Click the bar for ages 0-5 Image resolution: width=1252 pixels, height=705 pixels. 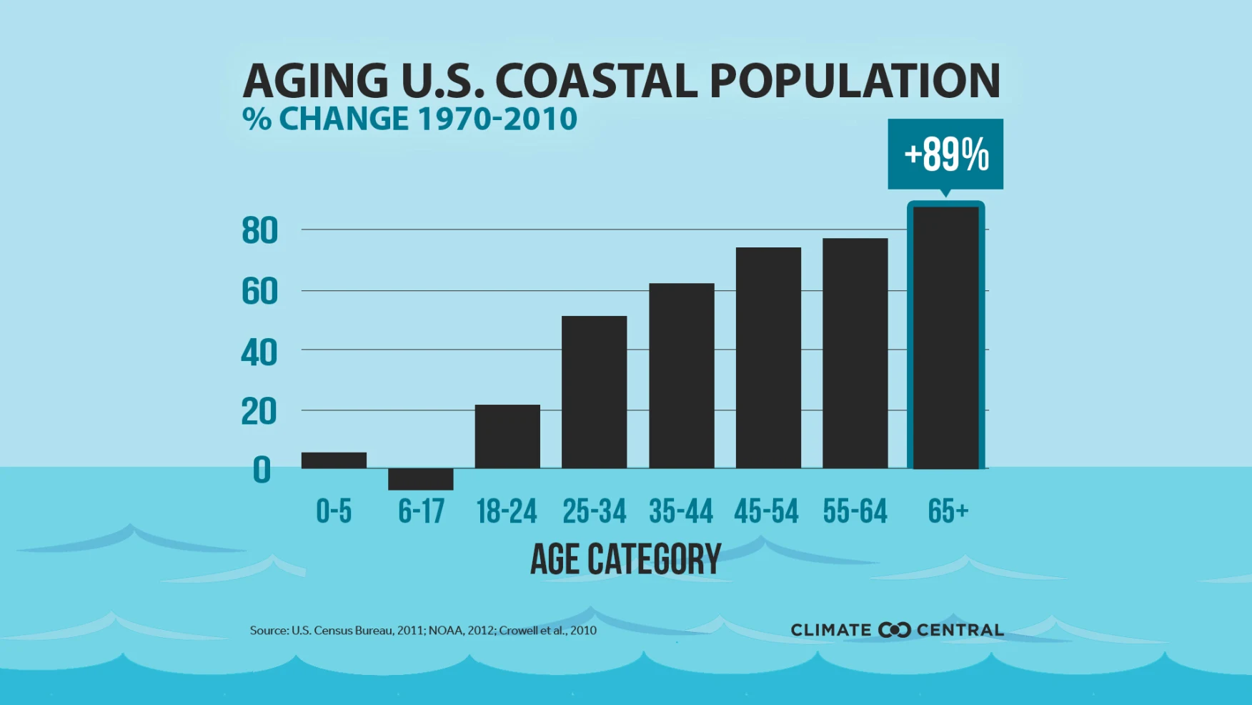[x=334, y=460]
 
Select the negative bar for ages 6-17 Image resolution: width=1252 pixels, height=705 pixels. [x=420, y=479]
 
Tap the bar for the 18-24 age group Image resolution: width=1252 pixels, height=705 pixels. [x=507, y=436]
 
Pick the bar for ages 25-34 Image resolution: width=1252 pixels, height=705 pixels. [x=594, y=392]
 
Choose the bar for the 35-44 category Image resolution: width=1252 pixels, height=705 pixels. [x=681, y=375]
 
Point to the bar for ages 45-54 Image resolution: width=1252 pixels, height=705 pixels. [x=768, y=358]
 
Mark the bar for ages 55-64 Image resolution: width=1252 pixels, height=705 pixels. [x=855, y=353]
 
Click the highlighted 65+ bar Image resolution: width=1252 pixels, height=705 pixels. [x=945, y=337]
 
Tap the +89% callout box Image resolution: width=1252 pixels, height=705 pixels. [x=945, y=154]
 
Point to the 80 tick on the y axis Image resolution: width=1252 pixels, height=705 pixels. [x=259, y=231]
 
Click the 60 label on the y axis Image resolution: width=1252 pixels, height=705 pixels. [x=259, y=292]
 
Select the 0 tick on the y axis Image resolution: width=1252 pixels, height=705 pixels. [x=262, y=470]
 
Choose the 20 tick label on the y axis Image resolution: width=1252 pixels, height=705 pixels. [x=259, y=412]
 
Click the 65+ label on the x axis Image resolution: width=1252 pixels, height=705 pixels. [x=948, y=511]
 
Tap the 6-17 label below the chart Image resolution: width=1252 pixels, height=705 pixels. [x=421, y=511]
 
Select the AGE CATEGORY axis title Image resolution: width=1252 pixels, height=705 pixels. [x=625, y=559]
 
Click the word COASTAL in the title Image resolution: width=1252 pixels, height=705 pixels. [x=596, y=80]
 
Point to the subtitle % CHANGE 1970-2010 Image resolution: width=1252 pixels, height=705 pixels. [x=409, y=119]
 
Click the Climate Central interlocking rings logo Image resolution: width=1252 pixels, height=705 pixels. [x=894, y=630]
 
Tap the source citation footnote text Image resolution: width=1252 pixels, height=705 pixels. [x=423, y=630]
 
